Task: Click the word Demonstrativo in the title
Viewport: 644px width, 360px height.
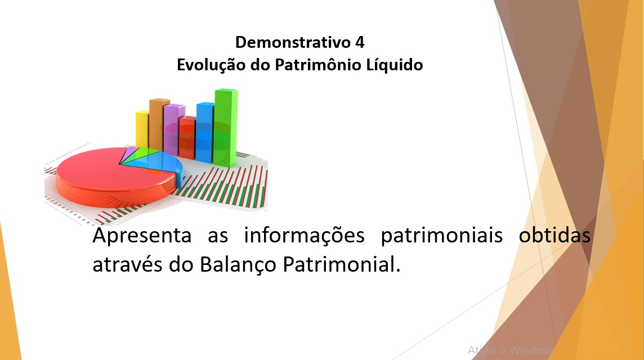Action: (x=293, y=42)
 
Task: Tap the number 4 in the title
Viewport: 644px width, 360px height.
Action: (x=360, y=42)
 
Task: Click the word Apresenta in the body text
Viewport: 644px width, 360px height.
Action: (x=142, y=235)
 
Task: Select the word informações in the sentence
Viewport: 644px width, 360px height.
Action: (x=305, y=235)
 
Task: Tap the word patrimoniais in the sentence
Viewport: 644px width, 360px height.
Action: (x=442, y=235)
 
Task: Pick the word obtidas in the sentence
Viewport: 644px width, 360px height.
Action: (x=554, y=235)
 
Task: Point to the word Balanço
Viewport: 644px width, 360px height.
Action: (x=238, y=265)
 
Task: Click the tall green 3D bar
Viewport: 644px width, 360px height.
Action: (x=226, y=127)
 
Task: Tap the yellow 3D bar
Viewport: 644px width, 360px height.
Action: (x=142, y=129)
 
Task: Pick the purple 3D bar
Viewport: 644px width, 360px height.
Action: (x=174, y=129)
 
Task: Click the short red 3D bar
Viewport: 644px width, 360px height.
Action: (x=187, y=138)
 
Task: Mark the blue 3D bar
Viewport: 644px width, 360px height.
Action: (x=205, y=132)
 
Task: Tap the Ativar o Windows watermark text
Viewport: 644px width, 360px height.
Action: (x=511, y=350)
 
